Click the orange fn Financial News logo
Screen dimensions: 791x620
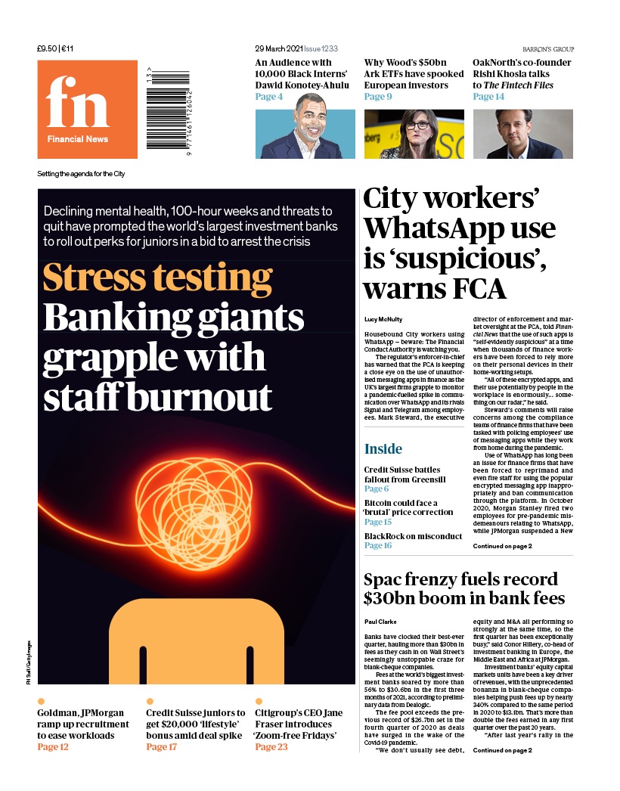(88, 109)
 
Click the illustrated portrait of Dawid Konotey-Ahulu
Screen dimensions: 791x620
(305, 134)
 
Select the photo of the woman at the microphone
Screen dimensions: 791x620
(414, 134)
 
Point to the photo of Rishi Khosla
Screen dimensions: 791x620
(522, 134)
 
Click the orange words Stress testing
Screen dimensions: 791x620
(157, 278)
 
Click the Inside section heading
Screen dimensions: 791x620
(383, 449)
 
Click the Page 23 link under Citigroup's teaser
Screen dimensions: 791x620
(271, 747)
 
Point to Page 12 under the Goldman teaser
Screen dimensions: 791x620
(53, 747)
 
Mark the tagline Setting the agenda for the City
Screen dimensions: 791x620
(81, 174)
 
